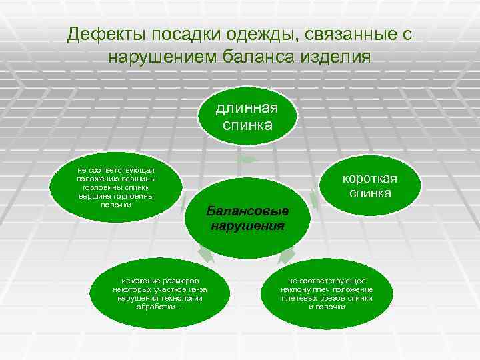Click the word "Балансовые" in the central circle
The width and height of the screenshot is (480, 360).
(247, 211)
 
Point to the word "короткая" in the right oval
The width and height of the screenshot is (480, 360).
(370, 179)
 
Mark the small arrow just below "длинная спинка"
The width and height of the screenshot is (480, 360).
(248, 159)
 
